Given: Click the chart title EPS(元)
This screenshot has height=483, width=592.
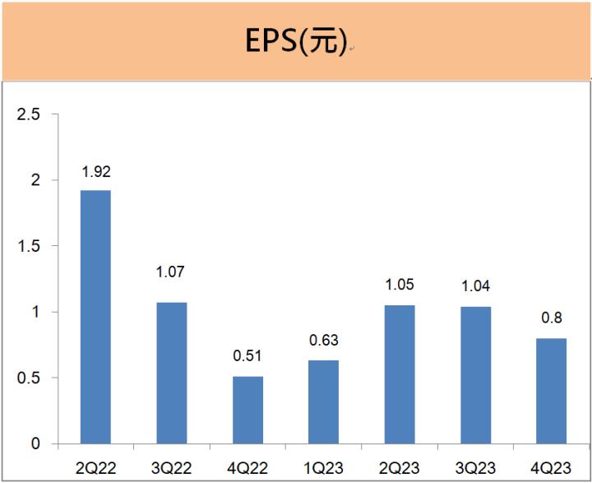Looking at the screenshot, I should [x=296, y=42].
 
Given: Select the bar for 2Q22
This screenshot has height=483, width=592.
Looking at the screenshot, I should [x=95, y=317].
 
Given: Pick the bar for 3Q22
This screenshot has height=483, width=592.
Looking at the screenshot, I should [x=172, y=373].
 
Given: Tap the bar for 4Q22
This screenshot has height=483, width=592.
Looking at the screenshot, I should [x=248, y=410].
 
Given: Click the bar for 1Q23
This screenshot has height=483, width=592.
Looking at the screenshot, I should [x=324, y=402].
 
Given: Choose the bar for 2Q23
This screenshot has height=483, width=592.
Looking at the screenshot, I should [x=400, y=374].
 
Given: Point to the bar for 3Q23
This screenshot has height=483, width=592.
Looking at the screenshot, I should [x=476, y=375].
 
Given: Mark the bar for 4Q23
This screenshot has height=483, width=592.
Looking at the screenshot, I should [x=552, y=391].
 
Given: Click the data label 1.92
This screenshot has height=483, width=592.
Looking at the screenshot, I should [x=95, y=173].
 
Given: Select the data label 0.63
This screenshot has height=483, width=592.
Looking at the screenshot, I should [x=324, y=340].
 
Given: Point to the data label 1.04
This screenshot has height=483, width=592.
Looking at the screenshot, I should [x=476, y=286].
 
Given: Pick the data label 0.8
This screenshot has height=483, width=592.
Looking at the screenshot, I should [x=552, y=318].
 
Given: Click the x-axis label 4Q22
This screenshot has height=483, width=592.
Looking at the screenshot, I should [x=248, y=467].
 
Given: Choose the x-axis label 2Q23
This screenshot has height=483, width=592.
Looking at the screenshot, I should [x=400, y=467].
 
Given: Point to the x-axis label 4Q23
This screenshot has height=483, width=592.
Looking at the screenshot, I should [x=552, y=467].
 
